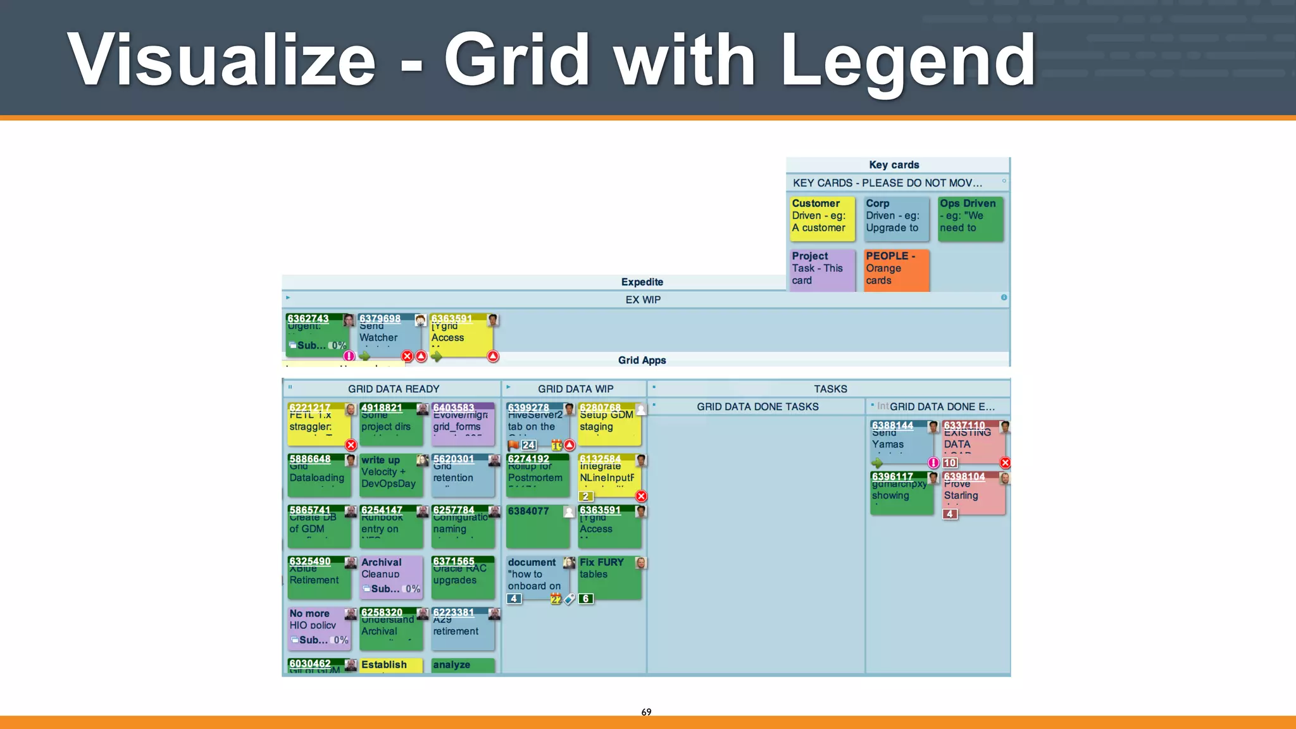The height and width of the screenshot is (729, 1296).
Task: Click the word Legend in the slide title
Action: coord(908,60)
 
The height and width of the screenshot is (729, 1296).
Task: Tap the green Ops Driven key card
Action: coord(970,218)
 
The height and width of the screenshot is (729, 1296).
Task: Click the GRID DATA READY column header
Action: coord(393,389)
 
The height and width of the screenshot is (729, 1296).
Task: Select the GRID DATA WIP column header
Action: coord(575,389)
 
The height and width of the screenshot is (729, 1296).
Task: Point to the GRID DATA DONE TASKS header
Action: coord(757,406)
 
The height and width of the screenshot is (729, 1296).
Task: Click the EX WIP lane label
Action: coord(643,299)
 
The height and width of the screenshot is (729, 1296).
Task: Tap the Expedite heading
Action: coord(642,282)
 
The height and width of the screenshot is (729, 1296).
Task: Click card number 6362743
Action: coord(316,334)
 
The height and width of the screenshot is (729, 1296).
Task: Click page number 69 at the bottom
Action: coord(646,712)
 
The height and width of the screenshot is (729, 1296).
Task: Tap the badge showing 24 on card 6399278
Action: coord(528,445)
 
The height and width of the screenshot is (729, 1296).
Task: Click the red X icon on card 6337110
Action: coord(1005,463)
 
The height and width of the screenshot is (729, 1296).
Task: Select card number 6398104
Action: coord(973,492)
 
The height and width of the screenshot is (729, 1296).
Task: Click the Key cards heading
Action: coord(894,165)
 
